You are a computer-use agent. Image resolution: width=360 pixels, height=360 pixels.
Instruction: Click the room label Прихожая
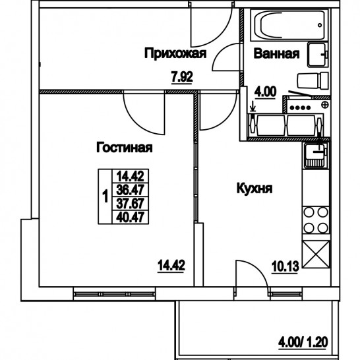click(175, 53)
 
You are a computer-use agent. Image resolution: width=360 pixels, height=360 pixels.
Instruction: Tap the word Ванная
click(277, 53)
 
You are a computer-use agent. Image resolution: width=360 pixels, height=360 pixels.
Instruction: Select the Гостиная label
click(125, 148)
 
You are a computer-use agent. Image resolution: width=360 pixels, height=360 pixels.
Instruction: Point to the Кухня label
click(255, 189)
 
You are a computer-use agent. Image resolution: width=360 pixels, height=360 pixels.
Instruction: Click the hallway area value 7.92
click(182, 77)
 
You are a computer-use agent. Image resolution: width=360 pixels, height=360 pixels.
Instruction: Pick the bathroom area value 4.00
click(265, 92)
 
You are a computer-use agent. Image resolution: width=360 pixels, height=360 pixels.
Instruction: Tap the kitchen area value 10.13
click(285, 267)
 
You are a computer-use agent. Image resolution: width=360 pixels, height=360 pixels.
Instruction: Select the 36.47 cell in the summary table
click(130, 190)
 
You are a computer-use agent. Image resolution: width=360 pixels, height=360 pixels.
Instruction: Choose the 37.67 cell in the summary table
click(130, 204)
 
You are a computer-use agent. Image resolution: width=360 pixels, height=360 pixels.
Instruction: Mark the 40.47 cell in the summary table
click(130, 217)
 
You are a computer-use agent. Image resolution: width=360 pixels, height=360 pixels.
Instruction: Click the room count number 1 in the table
click(105, 196)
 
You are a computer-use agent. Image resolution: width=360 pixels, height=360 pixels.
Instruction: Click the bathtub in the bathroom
click(289, 25)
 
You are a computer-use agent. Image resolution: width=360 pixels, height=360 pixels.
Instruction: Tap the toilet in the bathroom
click(313, 80)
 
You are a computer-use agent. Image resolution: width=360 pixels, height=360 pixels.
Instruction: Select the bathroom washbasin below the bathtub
click(317, 55)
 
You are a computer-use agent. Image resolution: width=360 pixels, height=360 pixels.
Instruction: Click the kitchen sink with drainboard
click(315, 155)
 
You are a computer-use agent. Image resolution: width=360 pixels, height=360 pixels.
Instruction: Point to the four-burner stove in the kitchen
click(316, 220)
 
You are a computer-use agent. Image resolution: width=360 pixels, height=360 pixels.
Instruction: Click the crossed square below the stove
click(316, 254)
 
